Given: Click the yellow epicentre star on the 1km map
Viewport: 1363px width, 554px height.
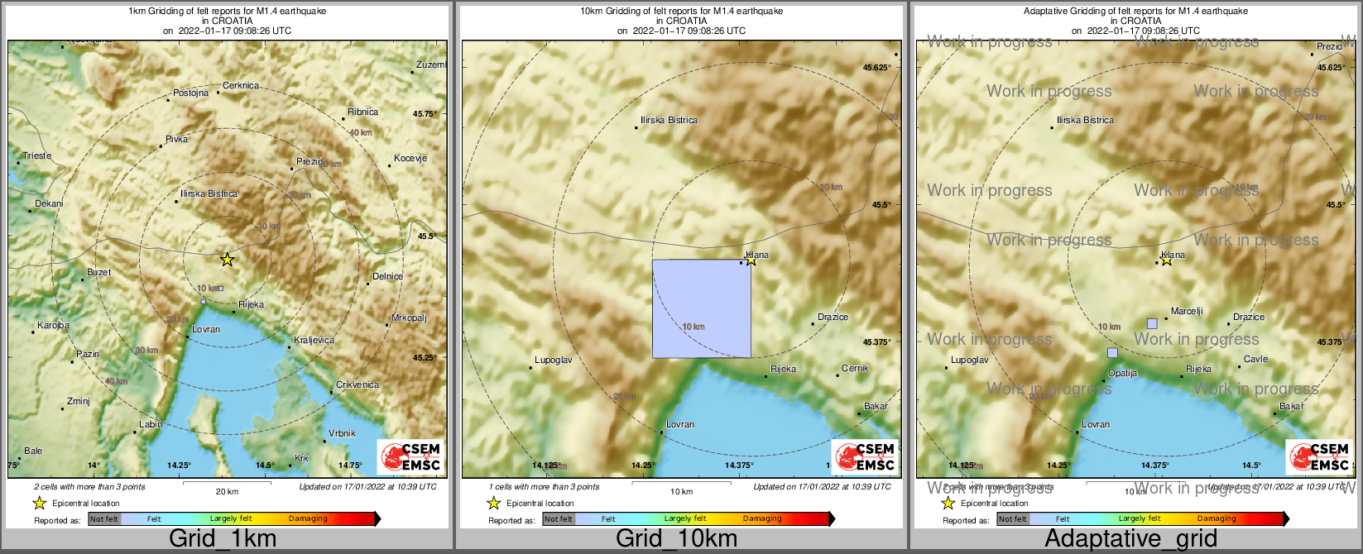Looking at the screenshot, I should pos(227,260).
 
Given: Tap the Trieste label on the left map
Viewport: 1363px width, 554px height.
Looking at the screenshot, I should pos(36,155).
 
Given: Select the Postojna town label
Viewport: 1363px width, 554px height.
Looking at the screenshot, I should pos(190,93).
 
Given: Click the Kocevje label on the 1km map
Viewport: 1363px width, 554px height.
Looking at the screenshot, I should pos(410,159).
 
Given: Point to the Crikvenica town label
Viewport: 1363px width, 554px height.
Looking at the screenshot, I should pos(357,385).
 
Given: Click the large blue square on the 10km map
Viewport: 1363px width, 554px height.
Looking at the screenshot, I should pos(701,308).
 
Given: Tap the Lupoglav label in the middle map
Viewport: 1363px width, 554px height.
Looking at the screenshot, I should pos(553,361).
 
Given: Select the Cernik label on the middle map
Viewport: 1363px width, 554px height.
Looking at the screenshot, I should pos(855,368).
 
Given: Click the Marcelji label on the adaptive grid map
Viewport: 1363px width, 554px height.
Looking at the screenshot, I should pos(1187,312).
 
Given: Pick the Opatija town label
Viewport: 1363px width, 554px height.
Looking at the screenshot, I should pos(1122,373).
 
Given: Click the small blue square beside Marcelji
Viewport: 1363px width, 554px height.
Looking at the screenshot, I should pos(1152,323).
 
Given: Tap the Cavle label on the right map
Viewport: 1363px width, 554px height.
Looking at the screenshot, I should pos(1255,360).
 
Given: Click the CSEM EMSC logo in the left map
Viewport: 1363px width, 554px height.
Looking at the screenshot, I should pos(411,456).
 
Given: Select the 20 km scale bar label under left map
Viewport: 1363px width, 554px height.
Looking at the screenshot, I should pos(227,491).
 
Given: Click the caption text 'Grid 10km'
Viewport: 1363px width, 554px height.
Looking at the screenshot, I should pos(676,539).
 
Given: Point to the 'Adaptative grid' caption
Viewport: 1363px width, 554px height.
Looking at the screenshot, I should pos(1130,539).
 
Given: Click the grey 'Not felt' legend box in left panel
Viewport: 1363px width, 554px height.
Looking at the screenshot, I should pos(104,519).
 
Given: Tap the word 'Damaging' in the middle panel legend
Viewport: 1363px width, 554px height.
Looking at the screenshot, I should pos(762,519).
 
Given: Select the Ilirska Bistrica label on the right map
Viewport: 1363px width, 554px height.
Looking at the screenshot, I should pos(1085,120).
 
